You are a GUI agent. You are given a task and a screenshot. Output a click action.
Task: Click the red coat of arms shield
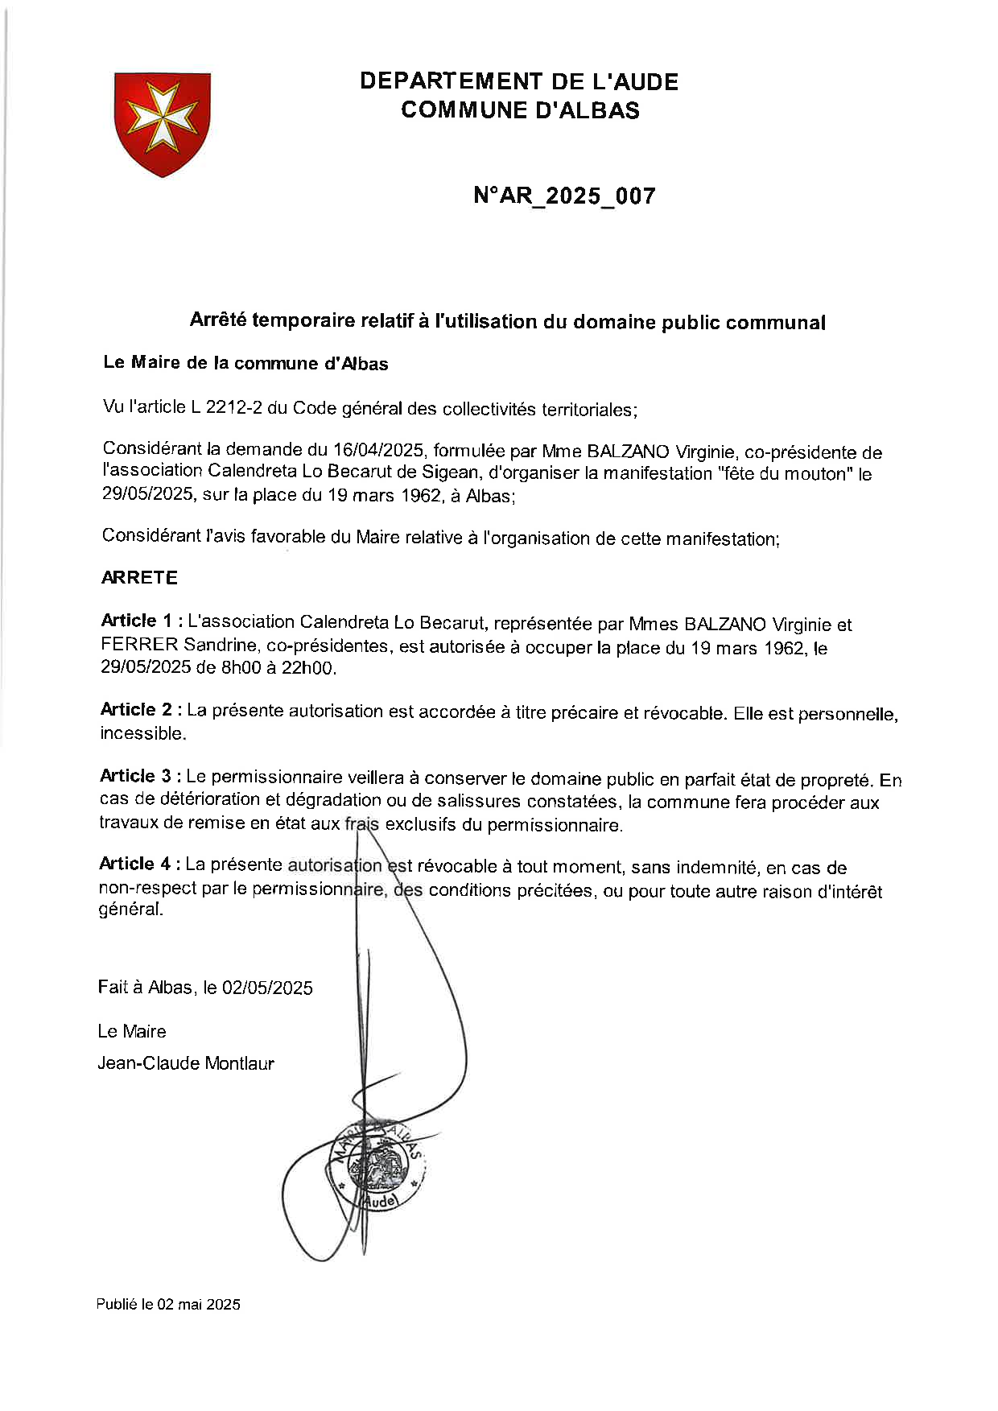pos(163,123)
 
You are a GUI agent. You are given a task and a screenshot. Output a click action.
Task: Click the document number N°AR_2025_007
pos(564,196)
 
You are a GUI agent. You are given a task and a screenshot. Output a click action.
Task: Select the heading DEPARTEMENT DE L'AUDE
pos(519,81)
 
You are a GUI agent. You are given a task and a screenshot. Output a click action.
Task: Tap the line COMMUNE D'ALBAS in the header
pos(520,110)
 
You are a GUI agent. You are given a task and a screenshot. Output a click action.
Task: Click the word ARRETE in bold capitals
pos(139,577)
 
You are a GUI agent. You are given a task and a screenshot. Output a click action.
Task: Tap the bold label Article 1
pos(137,621)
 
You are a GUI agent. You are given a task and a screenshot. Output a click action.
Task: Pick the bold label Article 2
pos(136,709)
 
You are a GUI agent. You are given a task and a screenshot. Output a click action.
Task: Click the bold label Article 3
pos(136,776)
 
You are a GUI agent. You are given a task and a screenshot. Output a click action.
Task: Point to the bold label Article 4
pos(135,864)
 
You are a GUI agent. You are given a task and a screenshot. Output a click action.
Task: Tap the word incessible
pos(142,733)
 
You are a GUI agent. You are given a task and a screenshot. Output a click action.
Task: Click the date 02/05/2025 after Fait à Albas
pos(267,988)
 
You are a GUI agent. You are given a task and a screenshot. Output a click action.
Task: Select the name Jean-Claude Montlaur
pos(186,1063)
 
